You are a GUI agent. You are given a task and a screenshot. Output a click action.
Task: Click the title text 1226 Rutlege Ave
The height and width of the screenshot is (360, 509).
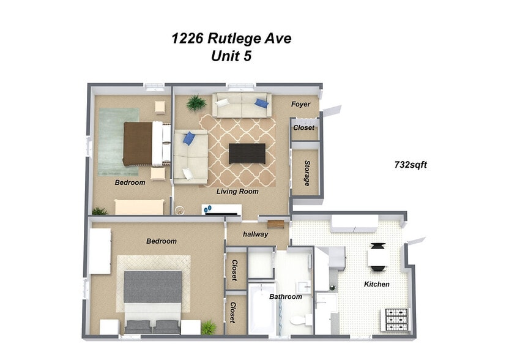pyautogui.click(x=231, y=39)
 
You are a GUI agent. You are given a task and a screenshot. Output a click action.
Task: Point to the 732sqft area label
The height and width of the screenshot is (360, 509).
pyautogui.click(x=409, y=164)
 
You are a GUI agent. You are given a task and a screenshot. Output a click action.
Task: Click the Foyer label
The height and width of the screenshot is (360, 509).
pyautogui.click(x=300, y=104)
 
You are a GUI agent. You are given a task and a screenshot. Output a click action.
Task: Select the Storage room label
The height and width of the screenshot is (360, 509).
pyautogui.click(x=307, y=174)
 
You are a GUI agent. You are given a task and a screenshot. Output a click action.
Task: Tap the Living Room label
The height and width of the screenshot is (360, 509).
pyautogui.click(x=237, y=192)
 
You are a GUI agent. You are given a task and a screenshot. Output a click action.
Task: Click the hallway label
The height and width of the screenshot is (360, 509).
pyautogui.click(x=256, y=233)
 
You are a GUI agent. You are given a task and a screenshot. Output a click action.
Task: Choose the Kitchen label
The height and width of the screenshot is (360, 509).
pyautogui.click(x=377, y=284)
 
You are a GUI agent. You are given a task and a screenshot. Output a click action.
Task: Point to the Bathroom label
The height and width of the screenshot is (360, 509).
pyautogui.click(x=286, y=296)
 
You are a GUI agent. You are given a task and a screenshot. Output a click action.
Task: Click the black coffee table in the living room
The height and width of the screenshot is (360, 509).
pyautogui.click(x=247, y=153)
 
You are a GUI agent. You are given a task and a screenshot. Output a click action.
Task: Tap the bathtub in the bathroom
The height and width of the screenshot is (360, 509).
pyautogui.click(x=262, y=309)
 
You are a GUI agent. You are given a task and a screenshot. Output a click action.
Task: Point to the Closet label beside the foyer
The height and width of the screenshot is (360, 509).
pyautogui.click(x=304, y=128)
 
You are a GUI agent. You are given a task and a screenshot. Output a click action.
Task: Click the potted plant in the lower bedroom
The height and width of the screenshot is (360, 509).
pyautogui.click(x=209, y=326)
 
